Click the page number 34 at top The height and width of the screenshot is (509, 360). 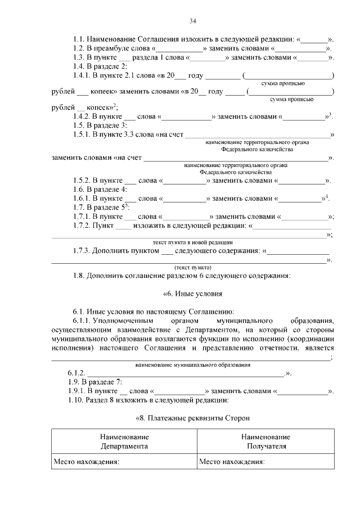(192, 21)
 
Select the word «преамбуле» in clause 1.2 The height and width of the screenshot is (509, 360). (110, 48)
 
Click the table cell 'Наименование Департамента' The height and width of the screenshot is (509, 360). (124, 442)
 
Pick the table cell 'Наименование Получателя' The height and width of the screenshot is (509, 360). (265, 442)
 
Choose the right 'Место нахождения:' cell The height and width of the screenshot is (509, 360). (232, 462)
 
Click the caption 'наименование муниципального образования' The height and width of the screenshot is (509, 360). (192, 365)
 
